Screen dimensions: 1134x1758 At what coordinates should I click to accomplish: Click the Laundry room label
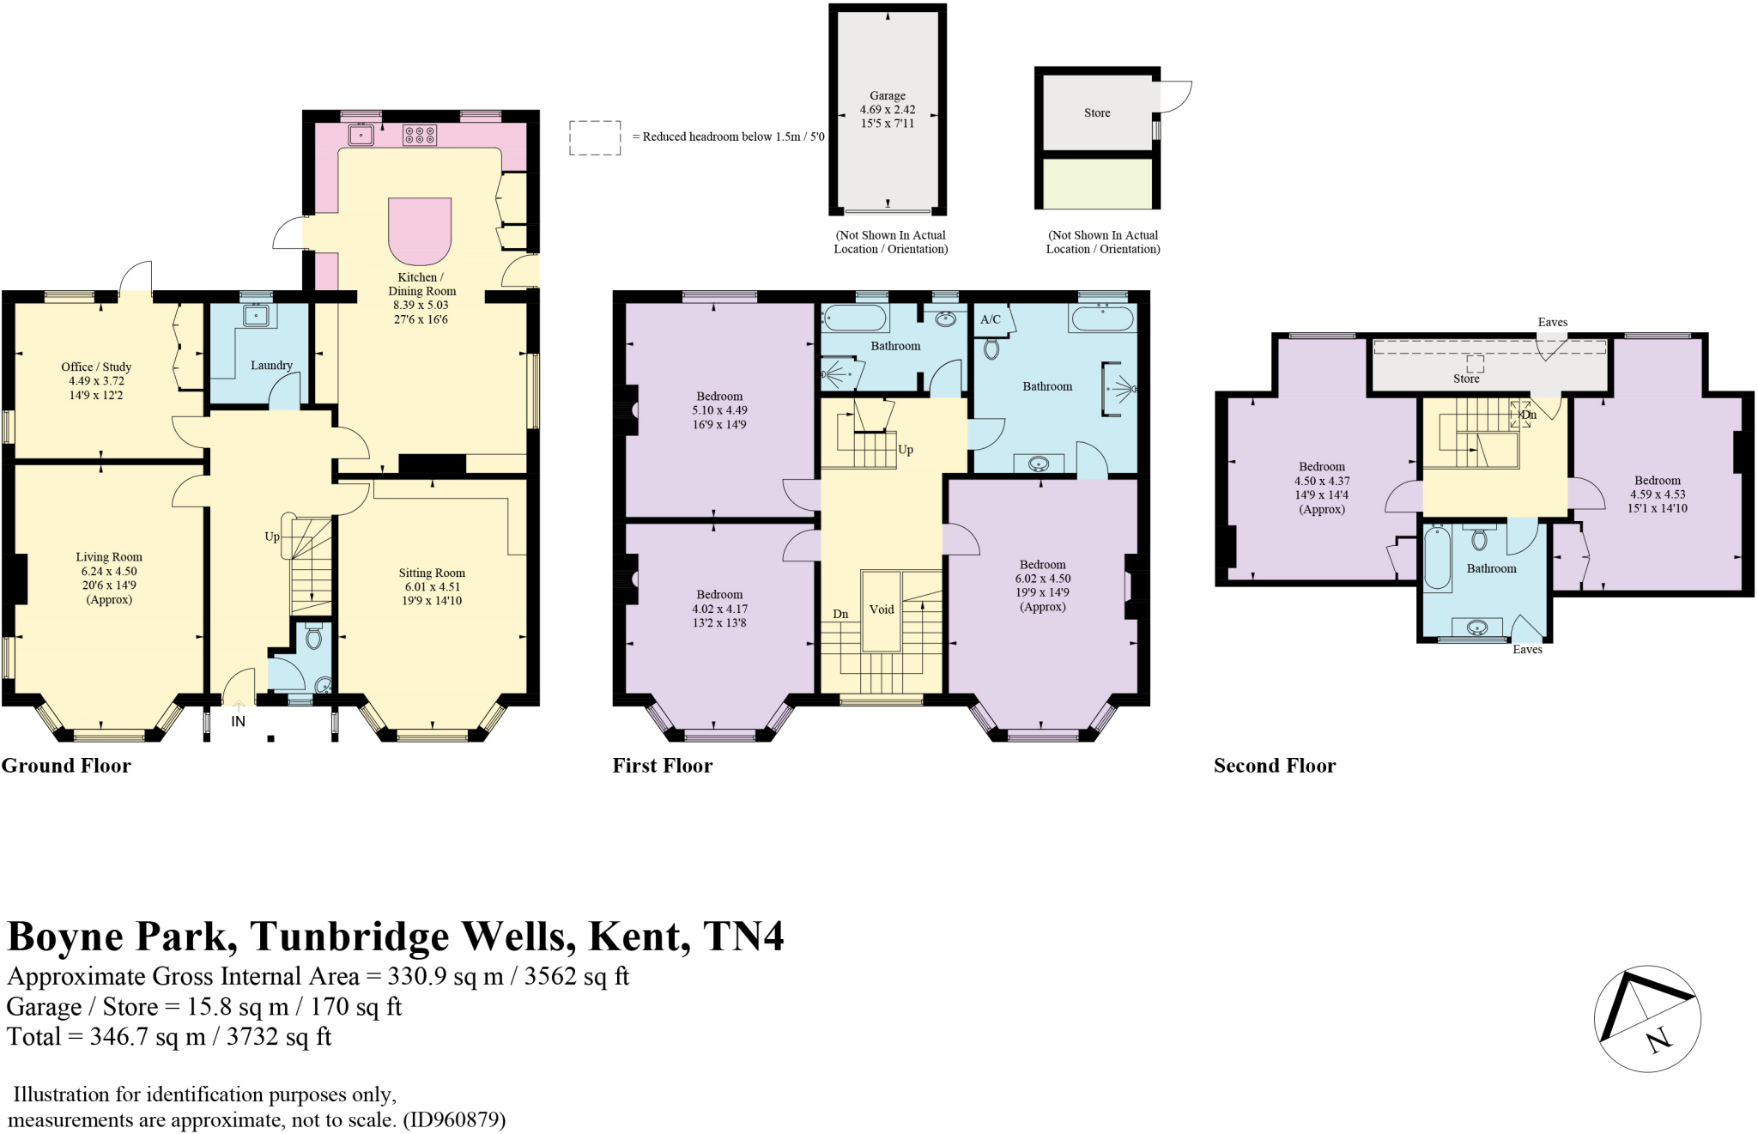point(271,365)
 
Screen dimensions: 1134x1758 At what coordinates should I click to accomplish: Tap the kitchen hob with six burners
point(419,135)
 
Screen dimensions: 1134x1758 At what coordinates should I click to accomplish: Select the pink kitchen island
point(420,230)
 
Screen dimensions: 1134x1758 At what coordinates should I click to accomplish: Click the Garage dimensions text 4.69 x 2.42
point(888,110)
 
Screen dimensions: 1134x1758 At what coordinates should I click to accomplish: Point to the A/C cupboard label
point(990,319)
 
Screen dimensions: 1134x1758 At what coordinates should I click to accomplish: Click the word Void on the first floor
point(882,609)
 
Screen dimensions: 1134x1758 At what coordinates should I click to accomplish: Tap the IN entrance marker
point(238,721)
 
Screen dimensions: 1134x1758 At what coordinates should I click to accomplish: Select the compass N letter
point(1659,1040)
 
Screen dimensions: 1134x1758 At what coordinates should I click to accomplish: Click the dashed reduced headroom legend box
point(595,137)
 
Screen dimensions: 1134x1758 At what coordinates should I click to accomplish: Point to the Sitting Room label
point(432,573)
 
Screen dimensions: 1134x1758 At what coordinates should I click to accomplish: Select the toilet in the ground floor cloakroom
point(313,637)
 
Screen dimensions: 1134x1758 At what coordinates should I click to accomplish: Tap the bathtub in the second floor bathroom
point(1437,559)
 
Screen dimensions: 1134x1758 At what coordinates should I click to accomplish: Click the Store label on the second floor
point(1466,379)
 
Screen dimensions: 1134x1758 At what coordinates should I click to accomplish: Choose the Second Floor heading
point(1275,766)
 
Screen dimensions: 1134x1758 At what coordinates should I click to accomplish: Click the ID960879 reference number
point(455,1119)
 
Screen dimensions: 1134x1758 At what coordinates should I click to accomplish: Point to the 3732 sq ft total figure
point(278,1037)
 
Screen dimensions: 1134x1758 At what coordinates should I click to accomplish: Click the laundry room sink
point(257,316)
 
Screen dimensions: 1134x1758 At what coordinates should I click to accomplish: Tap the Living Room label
point(109,557)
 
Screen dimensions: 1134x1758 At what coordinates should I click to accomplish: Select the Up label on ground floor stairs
point(271,537)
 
